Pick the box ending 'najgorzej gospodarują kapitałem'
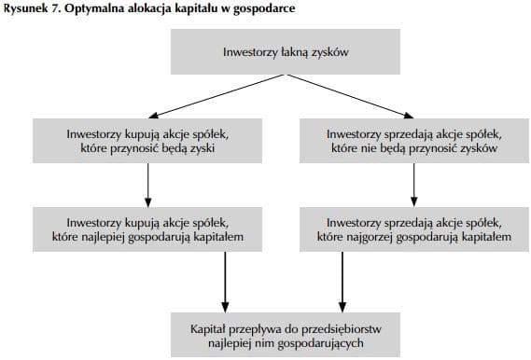click(412, 229)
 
